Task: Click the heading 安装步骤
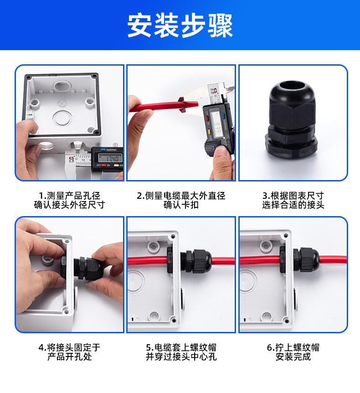(180, 26)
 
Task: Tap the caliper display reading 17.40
(110, 158)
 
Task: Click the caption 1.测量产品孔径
(69, 196)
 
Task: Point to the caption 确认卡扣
(181, 205)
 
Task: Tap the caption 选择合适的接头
(293, 205)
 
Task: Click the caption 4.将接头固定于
(69, 347)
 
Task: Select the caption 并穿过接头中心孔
(181, 357)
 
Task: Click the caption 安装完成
(293, 357)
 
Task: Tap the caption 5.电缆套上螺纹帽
(181, 347)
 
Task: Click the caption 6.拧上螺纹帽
(293, 347)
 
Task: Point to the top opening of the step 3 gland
(291, 87)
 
